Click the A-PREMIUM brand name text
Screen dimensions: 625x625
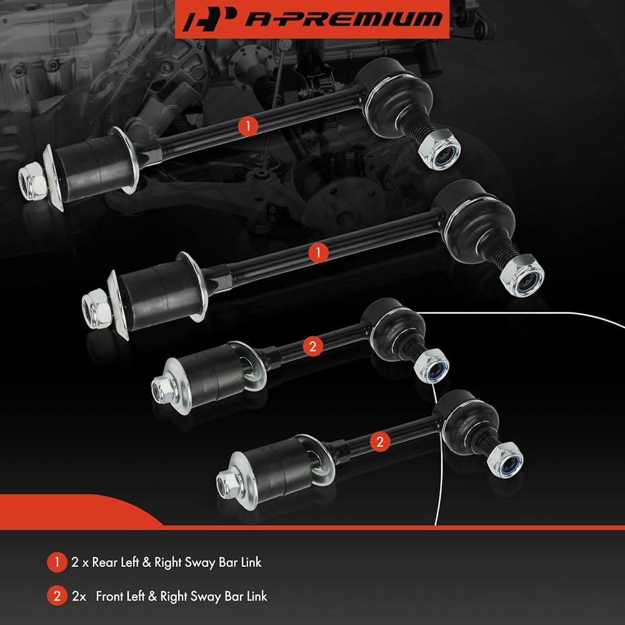[344, 18]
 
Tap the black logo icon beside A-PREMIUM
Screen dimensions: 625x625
[210, 19]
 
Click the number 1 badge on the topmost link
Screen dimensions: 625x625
[248, 126]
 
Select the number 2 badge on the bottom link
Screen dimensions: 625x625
[379, 442]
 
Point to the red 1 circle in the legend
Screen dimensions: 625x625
[57, 562]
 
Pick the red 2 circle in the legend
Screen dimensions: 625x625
[57, 596]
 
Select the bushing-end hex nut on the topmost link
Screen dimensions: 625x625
[32, 181]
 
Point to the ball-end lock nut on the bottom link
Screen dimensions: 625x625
[505, 461]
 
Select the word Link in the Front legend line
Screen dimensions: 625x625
[257, 596]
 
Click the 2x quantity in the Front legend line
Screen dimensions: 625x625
[79, 596]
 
